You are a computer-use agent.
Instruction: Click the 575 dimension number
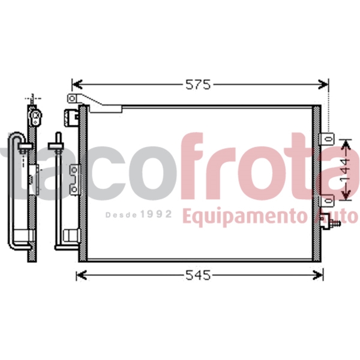[x=198, y=85]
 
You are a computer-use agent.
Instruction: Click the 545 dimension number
[x=198, y=275]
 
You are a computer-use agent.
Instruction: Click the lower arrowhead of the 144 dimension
[x=344, y=197]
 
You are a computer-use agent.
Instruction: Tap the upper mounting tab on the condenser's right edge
[x=327, y=139]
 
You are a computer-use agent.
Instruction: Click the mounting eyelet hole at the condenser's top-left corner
[x=72, y=98]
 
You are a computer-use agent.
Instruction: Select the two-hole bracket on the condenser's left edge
[x=73, y=179]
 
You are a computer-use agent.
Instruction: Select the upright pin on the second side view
[x=58, y=140]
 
